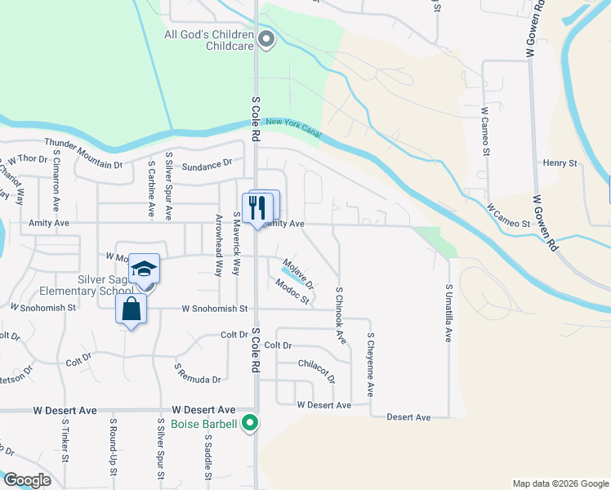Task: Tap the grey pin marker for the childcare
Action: [x=266, y=38]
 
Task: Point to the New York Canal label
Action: [x=293, y=127]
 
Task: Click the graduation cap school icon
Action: [x=143, y=269]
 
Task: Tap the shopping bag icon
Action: [x=131, y=310]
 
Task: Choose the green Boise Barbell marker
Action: [x=252, y=423]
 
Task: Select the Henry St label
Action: [x=560, y=163]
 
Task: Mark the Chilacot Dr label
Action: [x=317, y=370]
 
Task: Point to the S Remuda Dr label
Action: [x=198, y=374]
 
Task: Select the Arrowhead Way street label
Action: [x=218, y=246]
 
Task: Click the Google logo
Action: [x=26, y=479]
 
